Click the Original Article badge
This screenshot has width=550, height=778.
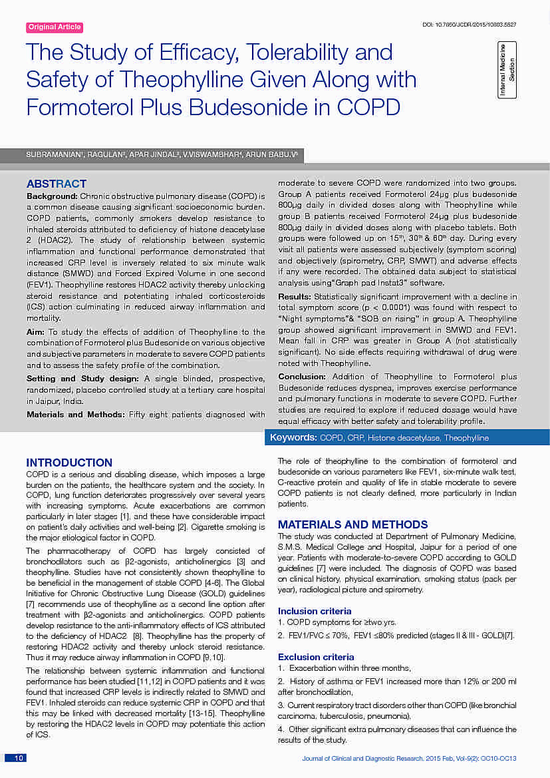55,27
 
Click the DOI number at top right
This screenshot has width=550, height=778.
470,25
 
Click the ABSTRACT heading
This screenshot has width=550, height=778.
56,184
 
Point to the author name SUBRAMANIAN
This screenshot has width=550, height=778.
49,154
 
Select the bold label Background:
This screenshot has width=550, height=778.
52,197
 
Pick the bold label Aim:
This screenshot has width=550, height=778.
36,331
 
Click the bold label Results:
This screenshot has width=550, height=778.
294,296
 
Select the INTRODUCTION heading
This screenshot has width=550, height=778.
69,463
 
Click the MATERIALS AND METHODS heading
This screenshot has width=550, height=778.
352,524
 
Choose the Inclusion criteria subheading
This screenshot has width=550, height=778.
315,611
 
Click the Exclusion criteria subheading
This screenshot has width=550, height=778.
316,657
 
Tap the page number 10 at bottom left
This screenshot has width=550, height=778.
19,758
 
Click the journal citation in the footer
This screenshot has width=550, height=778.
409,759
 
